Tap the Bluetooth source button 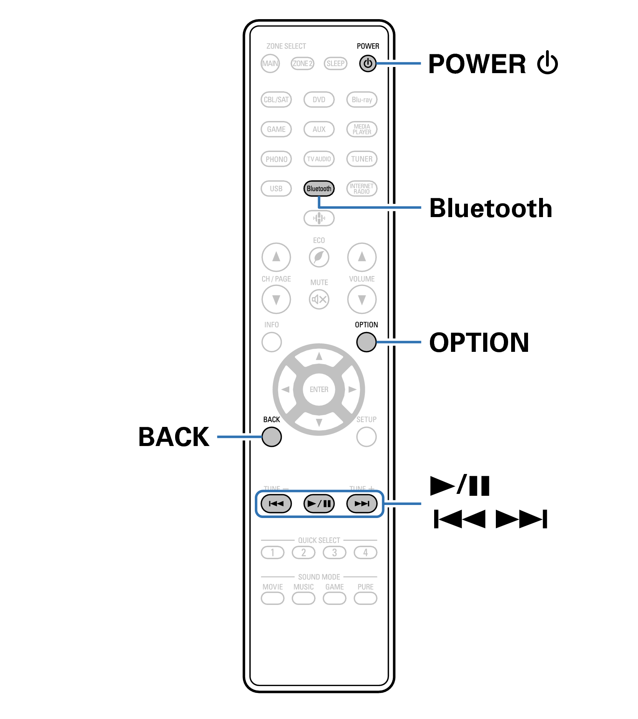319,188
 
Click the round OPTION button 366,342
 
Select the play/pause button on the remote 319,503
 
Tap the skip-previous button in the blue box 276,503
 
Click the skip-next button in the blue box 362,503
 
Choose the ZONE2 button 302,64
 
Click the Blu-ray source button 362,100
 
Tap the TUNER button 362,159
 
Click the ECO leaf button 319,257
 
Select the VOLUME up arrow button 362,257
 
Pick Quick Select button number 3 335,552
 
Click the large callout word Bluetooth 490,208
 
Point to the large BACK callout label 174,437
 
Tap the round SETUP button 366,437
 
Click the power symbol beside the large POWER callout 547,63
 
